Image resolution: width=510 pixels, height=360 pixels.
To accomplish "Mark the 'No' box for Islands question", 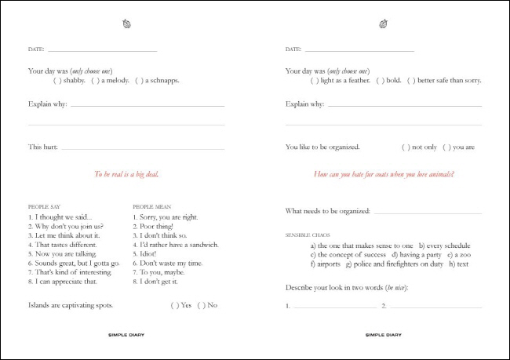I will click(x=201, y=305).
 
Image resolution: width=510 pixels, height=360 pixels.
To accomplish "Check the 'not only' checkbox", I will click(x=406, y=147).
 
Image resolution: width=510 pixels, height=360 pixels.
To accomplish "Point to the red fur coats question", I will click(x=383, y=175).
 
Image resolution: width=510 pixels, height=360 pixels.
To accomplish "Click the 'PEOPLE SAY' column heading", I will click(x=44, y=207).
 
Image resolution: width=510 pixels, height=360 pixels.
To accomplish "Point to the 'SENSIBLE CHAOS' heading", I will click(x=308, y=235).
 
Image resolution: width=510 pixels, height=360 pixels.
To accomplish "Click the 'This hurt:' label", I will click(x=42, y=147).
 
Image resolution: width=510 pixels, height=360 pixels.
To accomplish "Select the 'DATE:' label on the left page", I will click(x=36, y=49).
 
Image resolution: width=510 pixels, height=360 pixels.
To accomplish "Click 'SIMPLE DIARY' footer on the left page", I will click(x=126, y=335).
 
